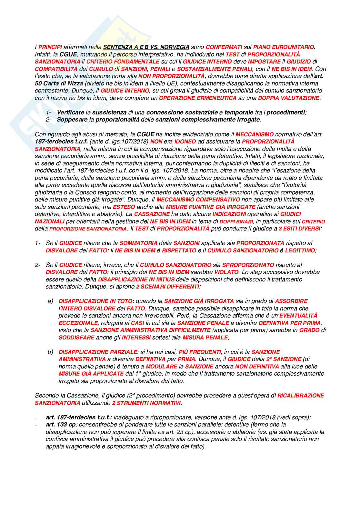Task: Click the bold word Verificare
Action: [71, 113]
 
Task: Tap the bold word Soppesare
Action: [71, 120]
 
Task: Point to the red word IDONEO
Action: [185, 142]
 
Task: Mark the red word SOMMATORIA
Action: [138, 243]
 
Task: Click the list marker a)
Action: [50, 301]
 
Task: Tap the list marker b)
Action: [50, 352]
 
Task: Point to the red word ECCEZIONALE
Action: [78, 323]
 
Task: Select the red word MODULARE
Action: [161, 367]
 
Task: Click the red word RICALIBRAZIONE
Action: [301, 396]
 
